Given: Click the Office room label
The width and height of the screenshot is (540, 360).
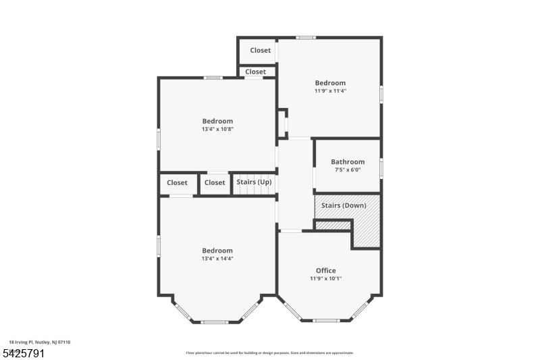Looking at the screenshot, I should pyautogui.click(x=326, y=271).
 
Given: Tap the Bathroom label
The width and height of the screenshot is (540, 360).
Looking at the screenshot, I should pyautogui.click(x=348, y=162).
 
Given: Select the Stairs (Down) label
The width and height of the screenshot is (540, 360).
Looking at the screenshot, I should pyautogui.click(x=343, y=205).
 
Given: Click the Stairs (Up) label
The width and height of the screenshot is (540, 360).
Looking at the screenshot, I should pyautogui.click(x=254, y=182).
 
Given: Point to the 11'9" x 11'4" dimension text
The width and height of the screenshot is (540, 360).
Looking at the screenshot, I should pyautogui.click(x=330, y=91).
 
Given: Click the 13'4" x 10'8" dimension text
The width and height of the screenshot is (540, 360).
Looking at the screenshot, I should pyautogui.click(x=217, y=129).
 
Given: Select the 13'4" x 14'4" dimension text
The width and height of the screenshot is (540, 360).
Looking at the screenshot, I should pyautogui.click(x=217, y=259).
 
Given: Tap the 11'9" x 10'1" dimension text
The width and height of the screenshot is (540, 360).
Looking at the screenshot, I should pyautogui.click(x=326, y=278).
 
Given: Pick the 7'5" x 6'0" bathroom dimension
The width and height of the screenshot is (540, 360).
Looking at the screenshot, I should pyautogui.click(x=348, y=170).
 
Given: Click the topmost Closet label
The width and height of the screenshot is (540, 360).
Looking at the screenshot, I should pyautogui.click(x=261, y=51).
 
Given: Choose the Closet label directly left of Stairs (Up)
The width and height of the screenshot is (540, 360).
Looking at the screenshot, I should pyautogui.click(x=215, y=182).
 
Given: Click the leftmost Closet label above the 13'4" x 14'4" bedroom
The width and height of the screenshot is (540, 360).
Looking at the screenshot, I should pyautogui.click(x=177, y=182).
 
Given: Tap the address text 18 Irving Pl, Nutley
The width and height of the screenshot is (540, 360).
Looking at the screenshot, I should pyautogui.click(x=39, y=342).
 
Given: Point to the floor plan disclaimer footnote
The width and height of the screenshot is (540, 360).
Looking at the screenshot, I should pyautogui.click(x=270, y=353).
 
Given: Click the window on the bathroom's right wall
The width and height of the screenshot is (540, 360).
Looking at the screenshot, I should pyautogui.click(x=381, y=168).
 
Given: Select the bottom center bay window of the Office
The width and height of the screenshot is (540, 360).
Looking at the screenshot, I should pyautogui.click(x=326, y=320).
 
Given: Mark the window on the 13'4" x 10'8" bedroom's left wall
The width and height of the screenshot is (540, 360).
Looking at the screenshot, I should pyautogui.click(x=159, y=138).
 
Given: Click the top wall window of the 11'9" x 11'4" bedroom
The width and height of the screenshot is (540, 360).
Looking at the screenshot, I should pyautogui.click(x=306, y=37).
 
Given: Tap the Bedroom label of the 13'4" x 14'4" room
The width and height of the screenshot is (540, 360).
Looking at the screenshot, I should pyautogui.click(x=217, y=251).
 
